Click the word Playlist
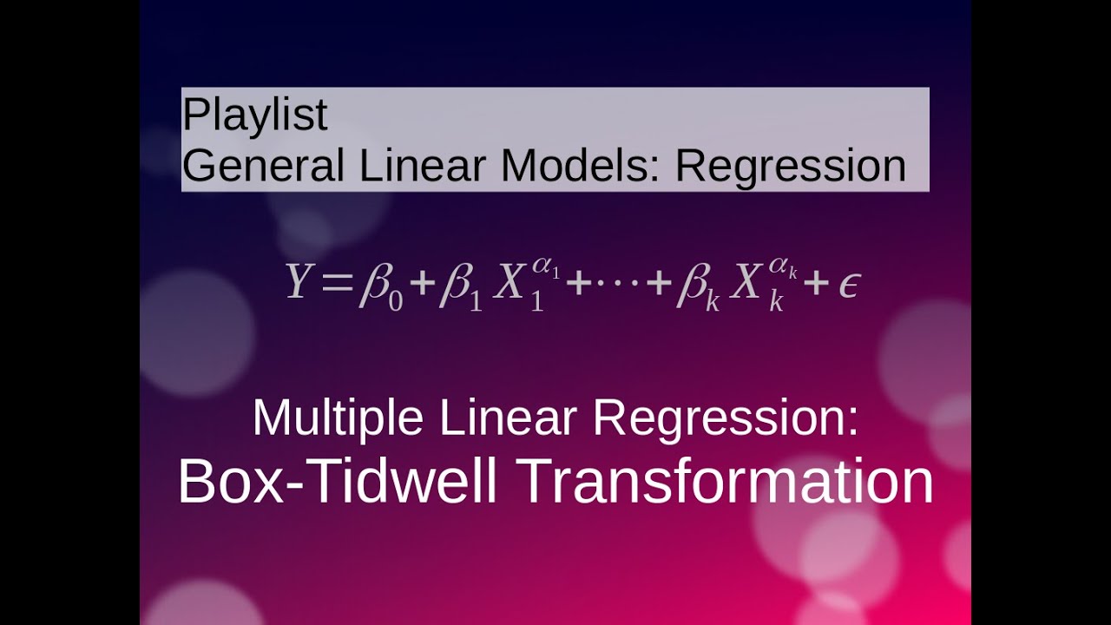click(x=254, y=115)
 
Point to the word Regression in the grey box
click(x=791, y=165)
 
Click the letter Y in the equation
click(x=298, y=282)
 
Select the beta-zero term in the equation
click(x=380, y=287)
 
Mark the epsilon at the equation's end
click(x=848, y=286)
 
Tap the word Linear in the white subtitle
click(x=508, y=418)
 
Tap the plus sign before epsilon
click(x=815, y=284)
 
